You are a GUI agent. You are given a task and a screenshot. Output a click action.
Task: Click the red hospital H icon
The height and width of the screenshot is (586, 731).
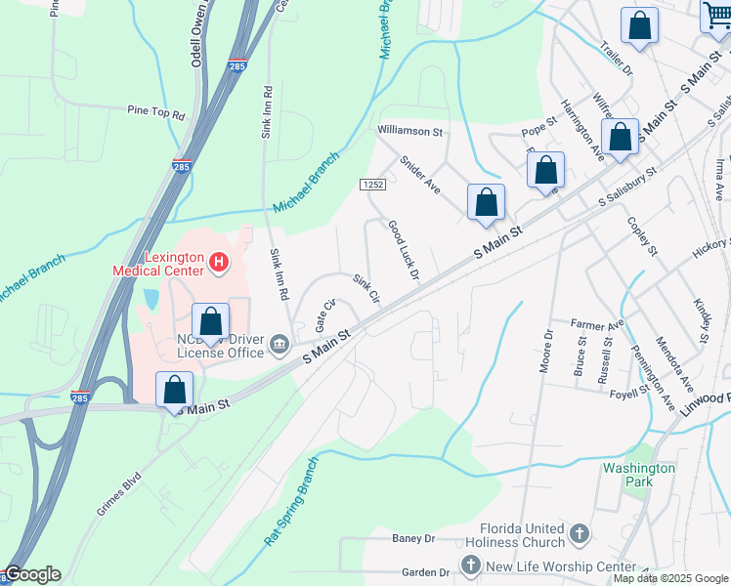(x=219, y=263)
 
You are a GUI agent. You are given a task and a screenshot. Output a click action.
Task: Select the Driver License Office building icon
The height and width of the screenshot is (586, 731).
(x=279, y=341)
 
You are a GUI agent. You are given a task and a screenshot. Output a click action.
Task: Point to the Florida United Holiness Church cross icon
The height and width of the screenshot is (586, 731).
(x=580, y=533)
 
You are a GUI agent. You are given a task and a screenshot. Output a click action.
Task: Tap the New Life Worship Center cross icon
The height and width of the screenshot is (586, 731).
(x=470, y=565)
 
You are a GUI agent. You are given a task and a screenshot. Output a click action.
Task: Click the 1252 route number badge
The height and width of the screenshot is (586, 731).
(x=372, y=184)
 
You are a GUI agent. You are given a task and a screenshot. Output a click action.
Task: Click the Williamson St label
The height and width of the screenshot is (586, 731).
(x=411, y=131)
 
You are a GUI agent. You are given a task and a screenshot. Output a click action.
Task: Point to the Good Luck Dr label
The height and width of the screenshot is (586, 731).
(x=403, y=251)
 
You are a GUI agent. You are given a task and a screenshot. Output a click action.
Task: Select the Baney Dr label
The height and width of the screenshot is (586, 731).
(x=412, y=538)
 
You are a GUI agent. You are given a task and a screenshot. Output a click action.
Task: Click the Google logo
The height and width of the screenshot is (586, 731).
(x=32, y=574)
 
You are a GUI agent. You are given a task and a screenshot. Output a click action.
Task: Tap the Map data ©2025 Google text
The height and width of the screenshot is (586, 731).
(x=670, y=578)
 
